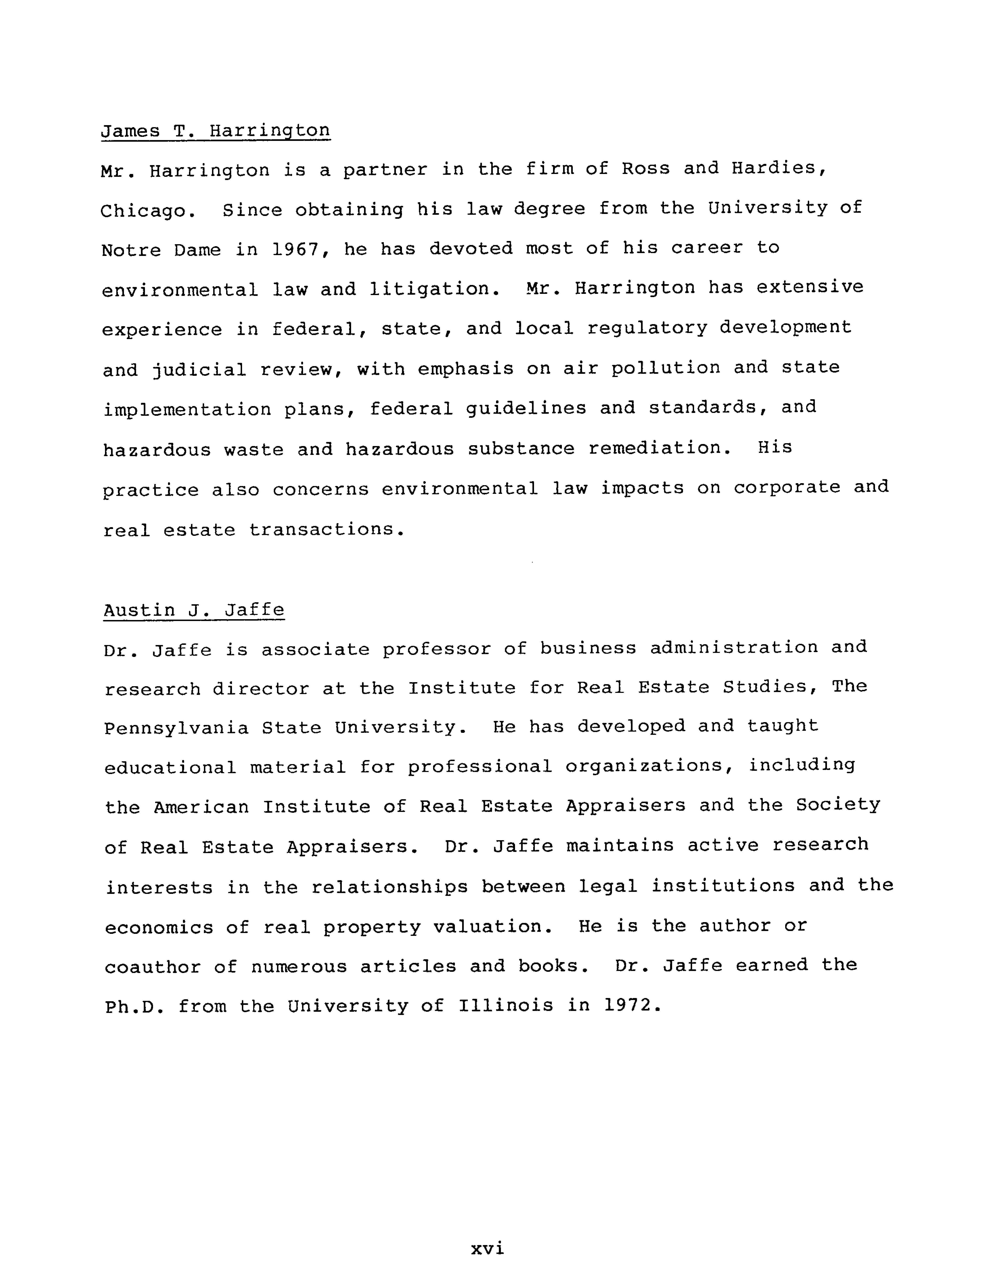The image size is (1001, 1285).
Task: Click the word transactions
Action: tap(327, 530)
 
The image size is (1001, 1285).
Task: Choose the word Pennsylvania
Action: tap(176, 728)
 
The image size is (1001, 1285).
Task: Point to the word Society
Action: tap(838, 804)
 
